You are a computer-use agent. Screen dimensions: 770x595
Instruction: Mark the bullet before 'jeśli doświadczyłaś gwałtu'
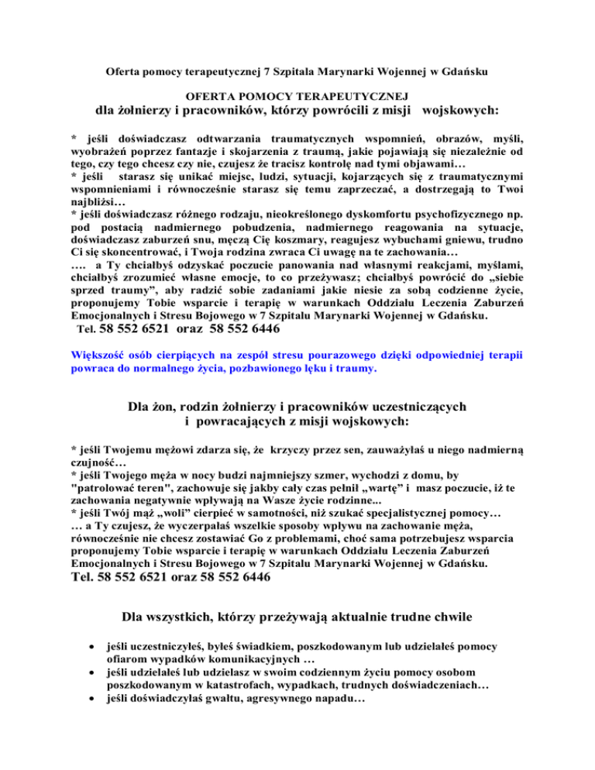pos(93,699)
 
